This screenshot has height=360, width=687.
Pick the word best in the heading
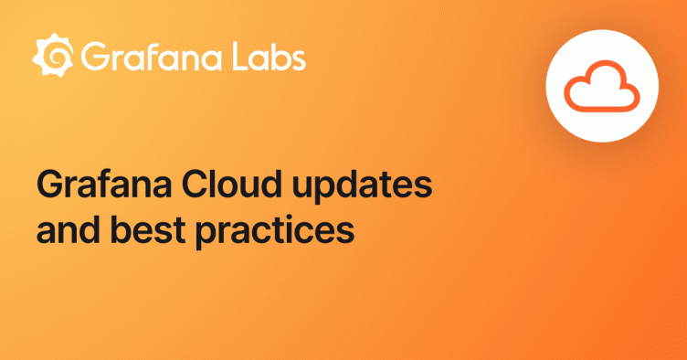(148, 230)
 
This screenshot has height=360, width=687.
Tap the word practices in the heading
(275, 232)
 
